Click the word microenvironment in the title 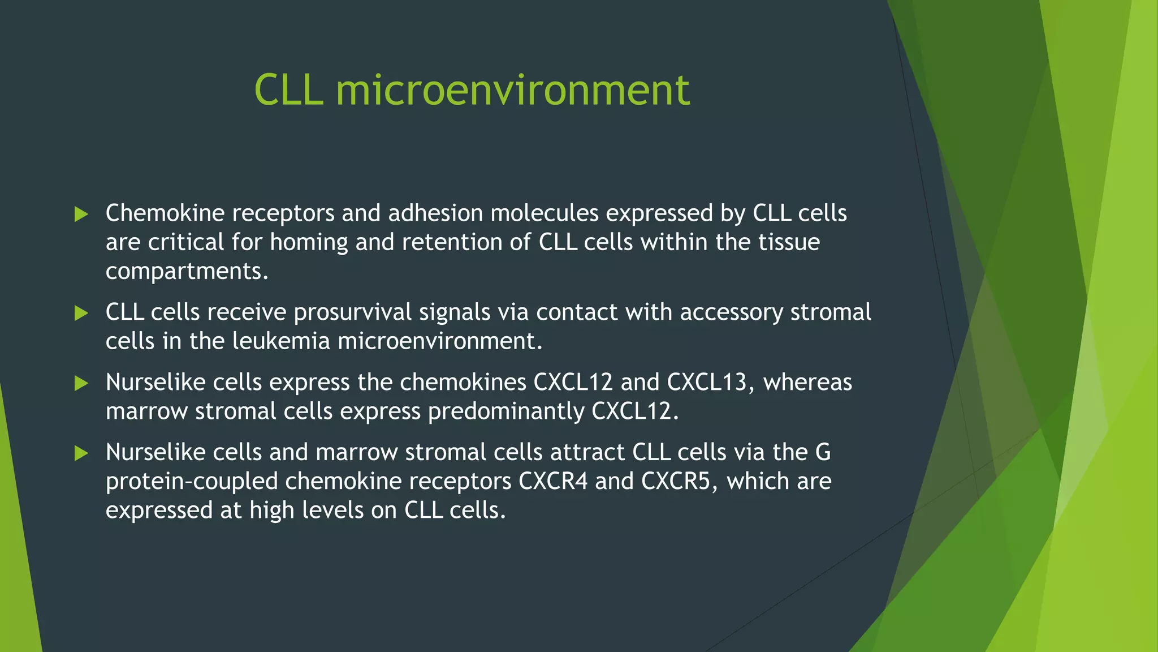click(x=512, y=91)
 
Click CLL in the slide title click(x=288, y=91)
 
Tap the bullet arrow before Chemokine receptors click(x=81, y=214)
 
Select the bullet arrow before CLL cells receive click(x=81, y=313)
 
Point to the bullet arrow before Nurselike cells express click(x=81, y=383)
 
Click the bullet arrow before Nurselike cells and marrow click(x=81, y=453)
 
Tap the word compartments click(x=187, y=272)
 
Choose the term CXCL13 click(x=710, y=383)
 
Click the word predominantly click(x=506, y=411)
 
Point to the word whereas click(x=807, y=383)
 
